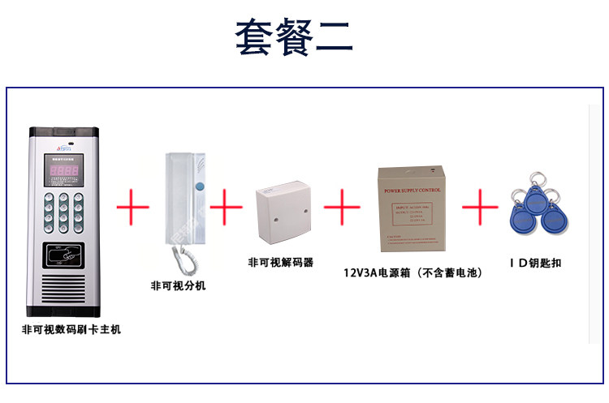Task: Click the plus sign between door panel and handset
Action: pos(133,208)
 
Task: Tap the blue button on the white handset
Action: pos(199,189)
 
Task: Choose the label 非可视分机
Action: pos(178,285)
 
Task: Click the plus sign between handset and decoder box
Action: pos(227,208)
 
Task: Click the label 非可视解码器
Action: pos(280,263)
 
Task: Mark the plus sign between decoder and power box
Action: pos(341,208)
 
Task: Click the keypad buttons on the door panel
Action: pos(62,211)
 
